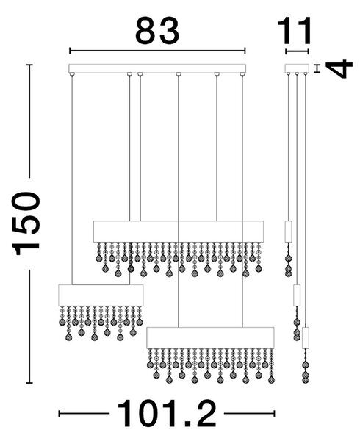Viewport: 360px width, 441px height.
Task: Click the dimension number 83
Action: point(157,31)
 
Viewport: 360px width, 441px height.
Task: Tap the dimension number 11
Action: point(294,31)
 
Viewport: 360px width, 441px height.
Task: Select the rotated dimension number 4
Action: point(339,68)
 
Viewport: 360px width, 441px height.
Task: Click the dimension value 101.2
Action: point(167,413)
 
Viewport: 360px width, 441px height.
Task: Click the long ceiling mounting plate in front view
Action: point(157,68)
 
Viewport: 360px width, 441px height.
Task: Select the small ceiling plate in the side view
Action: point(297,68)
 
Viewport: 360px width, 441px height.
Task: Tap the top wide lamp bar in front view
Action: point(179,232)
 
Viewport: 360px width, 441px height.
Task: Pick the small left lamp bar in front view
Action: point(101,295)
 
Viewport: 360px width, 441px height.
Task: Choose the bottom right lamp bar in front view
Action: point(211,338)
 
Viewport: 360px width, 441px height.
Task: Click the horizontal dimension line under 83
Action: point(157,51)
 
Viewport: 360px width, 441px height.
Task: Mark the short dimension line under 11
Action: point(297,51)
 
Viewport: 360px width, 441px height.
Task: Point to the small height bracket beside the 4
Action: point(317,68)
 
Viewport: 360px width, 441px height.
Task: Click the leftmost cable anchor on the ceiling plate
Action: point(72,74)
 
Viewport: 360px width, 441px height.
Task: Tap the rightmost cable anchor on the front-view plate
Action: point(242,74)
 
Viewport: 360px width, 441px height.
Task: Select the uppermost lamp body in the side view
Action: point(288,232)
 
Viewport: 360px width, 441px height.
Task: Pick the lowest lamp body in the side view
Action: point(305,338)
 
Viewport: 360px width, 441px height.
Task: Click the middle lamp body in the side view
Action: point(297,295)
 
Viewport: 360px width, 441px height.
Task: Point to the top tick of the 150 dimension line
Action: point(29,65)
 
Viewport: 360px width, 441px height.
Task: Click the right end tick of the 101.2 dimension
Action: point(274,413)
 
